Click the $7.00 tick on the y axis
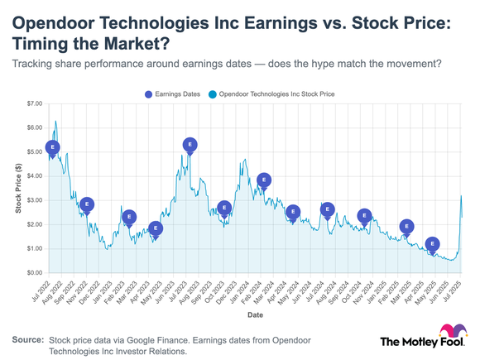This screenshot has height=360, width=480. point(33,104)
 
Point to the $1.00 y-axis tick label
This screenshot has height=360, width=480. point(33,249)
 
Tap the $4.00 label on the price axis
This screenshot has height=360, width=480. point(33,176)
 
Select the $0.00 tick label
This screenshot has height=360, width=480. point(33,273)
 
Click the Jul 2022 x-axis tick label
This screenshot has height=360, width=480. point(50,290)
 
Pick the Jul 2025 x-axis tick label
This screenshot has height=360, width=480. point(453,290)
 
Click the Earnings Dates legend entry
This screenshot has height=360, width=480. point(173,94)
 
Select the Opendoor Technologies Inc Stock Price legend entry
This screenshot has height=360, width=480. point(273,94)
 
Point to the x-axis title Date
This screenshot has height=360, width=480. point(255,315)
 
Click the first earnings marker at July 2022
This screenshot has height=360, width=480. point(53,148)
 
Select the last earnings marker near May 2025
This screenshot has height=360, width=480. point(432,244)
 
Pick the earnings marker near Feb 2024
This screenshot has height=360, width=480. point(264,180)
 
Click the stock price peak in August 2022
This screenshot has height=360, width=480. point(55,122)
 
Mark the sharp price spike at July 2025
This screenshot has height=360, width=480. point(460,196)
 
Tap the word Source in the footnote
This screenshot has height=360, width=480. point(27,340)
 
